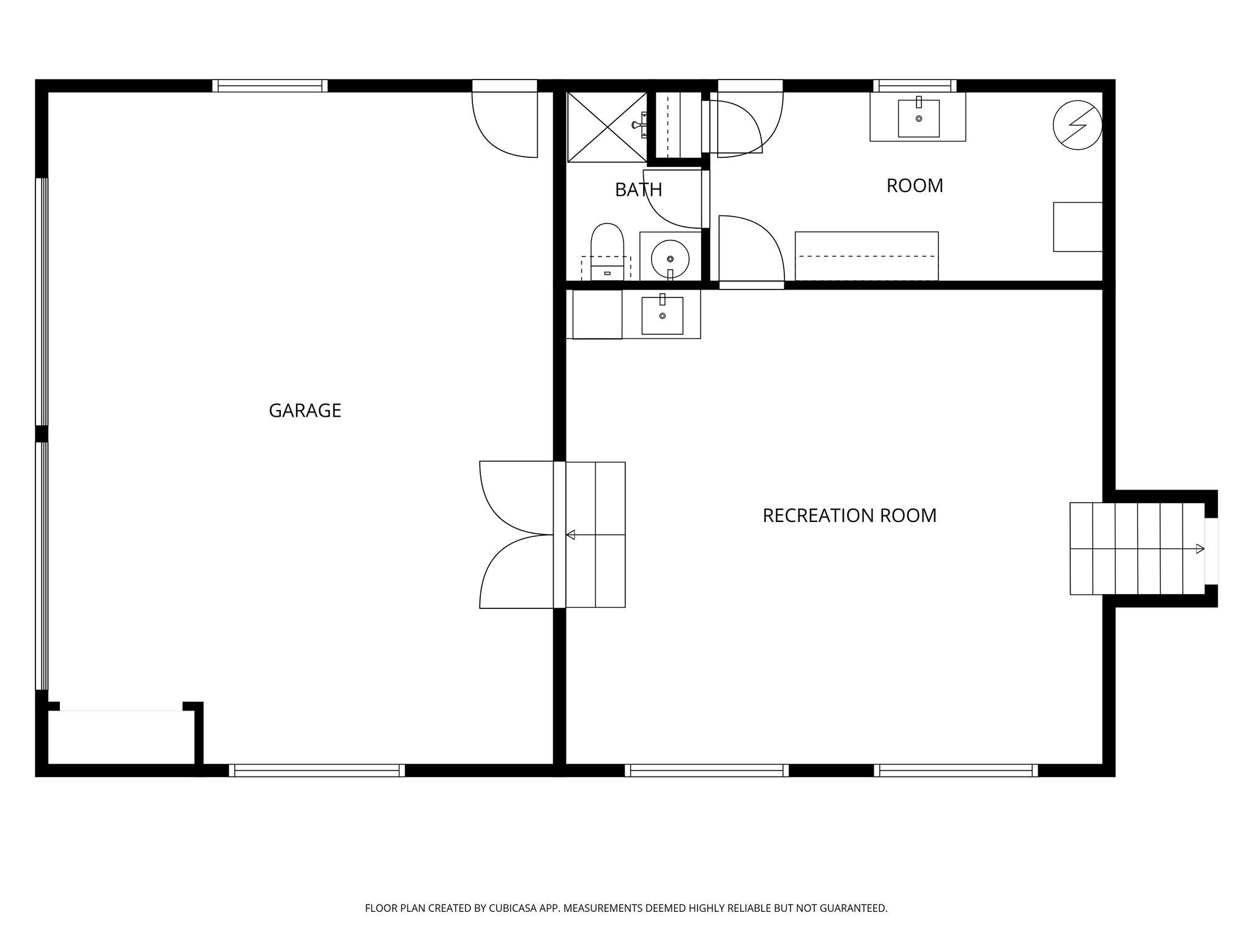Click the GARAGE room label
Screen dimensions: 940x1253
coord(305,410)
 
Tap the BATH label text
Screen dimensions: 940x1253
coord(638,190)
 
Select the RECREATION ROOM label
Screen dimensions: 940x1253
coord(849,515)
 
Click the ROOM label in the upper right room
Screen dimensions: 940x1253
coord(915,185)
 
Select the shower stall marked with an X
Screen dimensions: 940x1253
coord(606,127)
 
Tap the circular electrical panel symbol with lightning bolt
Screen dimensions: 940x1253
coord(1077,125)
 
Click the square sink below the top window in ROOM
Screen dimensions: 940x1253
coord(918,119)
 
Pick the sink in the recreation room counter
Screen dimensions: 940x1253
coord(662,316)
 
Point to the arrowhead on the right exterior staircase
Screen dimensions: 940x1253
coord(1200,549)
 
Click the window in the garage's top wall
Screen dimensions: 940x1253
coord(270,86)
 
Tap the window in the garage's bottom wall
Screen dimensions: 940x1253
coord(317,770)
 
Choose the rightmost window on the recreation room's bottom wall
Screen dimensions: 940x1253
coord(956,770)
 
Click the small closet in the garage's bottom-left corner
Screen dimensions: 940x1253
coord(121,737)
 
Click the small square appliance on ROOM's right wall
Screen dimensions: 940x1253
coord(1077,226)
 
